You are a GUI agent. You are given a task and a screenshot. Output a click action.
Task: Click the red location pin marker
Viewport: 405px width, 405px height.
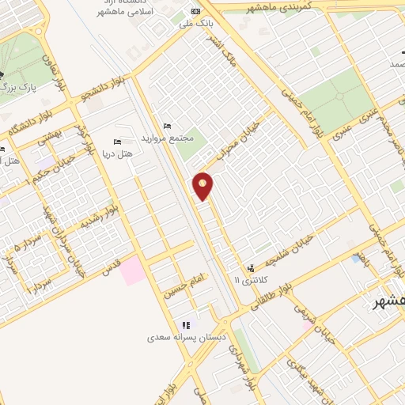click(203, 185)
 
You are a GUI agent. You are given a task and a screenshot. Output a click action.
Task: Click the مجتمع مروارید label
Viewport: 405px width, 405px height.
click(168, 139)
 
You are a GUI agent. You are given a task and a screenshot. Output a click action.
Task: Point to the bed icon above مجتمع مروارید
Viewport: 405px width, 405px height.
click(165, 127)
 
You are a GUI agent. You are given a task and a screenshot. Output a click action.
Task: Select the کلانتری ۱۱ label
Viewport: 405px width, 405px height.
click(252, 280)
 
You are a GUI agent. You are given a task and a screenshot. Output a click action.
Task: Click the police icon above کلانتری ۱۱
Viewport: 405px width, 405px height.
click(252, 268)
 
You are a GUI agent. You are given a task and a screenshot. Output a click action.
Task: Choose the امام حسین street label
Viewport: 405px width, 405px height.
click(184, 288)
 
